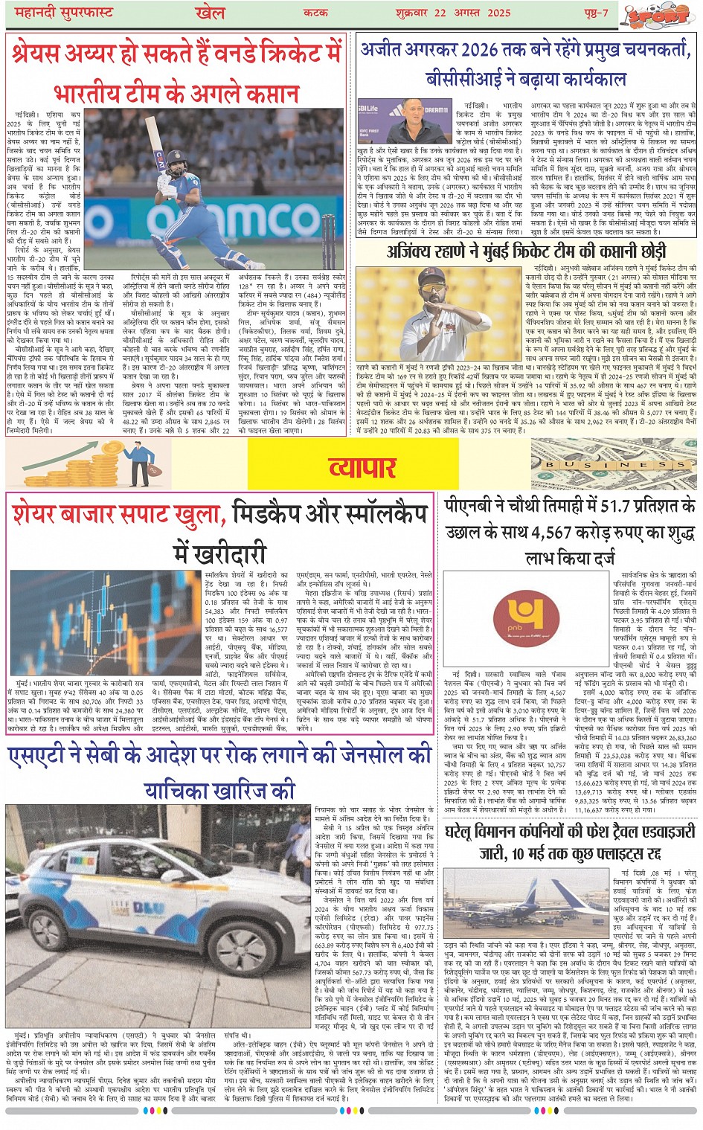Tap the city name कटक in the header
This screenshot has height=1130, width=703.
(316, 13)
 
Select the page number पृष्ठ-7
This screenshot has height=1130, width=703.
(596, 13)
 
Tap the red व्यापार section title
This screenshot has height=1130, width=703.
(362, 467)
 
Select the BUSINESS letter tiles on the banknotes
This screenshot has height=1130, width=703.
(614, 465)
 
